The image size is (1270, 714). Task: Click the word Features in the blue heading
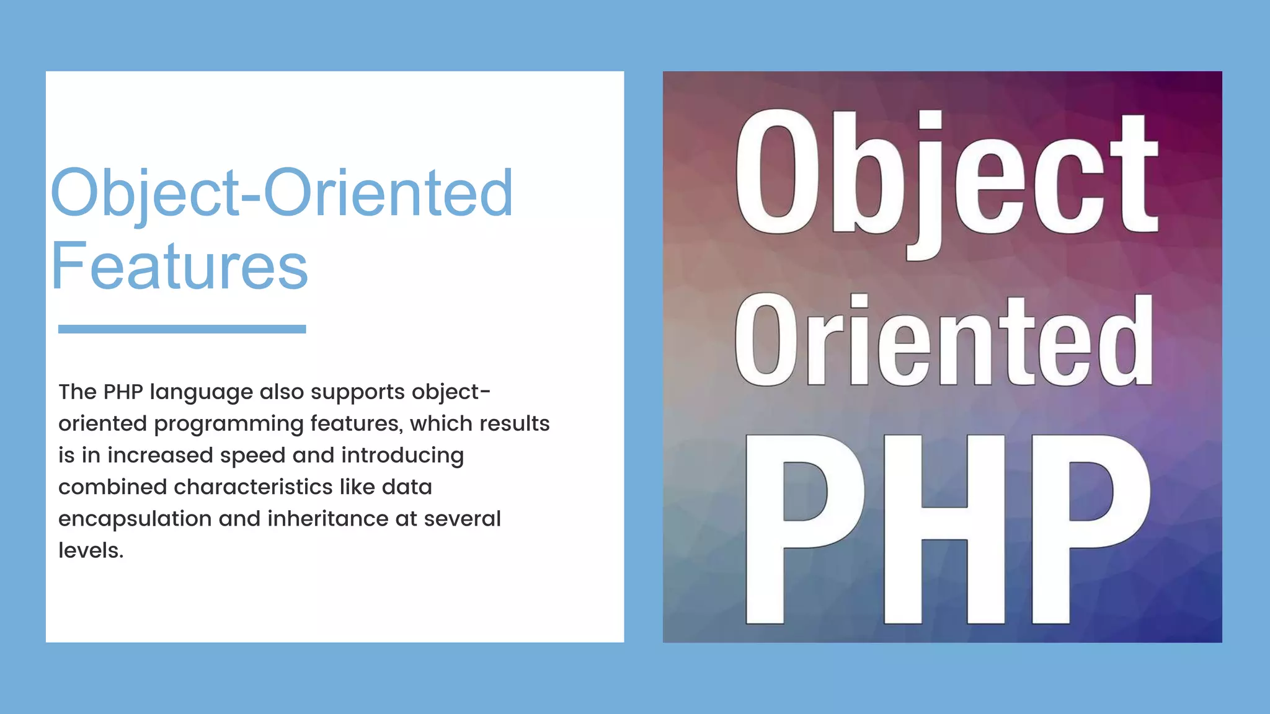(179, 267)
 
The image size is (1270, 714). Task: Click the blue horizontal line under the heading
(182, 329)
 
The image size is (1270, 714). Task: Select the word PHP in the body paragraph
(123, 392)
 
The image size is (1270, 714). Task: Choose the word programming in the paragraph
(229, 425)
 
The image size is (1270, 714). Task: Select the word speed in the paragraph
(252, 456)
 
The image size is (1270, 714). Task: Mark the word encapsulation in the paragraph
(135, 519)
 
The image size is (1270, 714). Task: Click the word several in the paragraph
(462, 518)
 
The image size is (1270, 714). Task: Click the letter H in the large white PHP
(944, 528)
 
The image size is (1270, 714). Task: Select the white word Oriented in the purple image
(943, 340)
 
